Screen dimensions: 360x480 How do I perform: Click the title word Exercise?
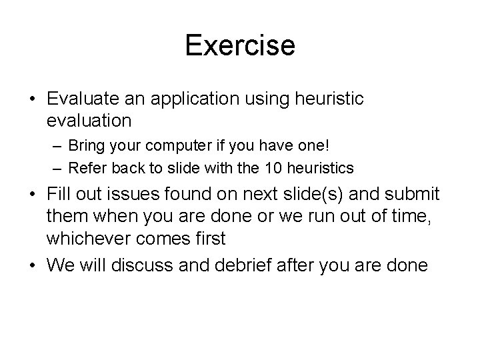[240, 46]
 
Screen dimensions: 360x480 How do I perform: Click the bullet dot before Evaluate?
[32, 99]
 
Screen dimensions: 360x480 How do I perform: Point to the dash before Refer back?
[56, 166]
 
